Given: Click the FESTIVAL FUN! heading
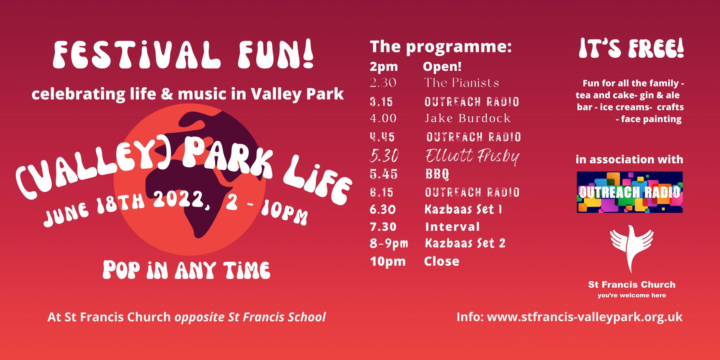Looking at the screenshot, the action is (x=183, y=54).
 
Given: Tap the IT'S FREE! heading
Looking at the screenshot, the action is (x=631, y=49).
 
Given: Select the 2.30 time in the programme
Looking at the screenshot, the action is (x=383, y=82).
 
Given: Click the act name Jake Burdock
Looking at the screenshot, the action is (x=467, y=118).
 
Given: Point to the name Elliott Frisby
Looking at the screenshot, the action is (x=473, y=156).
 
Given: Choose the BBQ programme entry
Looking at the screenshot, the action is (x=437, y=174).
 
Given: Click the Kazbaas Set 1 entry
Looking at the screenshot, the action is (x=463, y=209).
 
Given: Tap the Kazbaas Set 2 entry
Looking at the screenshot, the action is (x=465, y=243).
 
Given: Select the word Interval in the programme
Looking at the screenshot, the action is (x=452, y=227).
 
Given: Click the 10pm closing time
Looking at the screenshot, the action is (x=388, y=261).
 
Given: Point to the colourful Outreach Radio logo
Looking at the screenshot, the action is (x=630, y=192).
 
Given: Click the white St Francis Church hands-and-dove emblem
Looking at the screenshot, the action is (x=631, y=249).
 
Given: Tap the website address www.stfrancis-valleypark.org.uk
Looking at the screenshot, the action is (x=585, y=317).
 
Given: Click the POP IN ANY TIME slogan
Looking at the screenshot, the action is (x=187, y=270).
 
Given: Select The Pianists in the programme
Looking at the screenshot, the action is (x=462, y=82).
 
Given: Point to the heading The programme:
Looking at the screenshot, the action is (x=441, y=47).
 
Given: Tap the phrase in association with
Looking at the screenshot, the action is (x=629, y=159).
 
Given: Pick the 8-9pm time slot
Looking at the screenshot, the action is (x=389, y=243).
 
